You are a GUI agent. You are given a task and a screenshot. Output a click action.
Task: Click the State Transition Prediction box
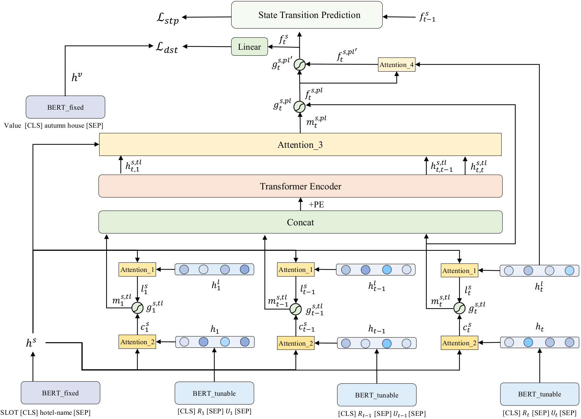click(306, 15)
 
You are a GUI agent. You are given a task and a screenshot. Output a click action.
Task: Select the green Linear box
click(249, 47)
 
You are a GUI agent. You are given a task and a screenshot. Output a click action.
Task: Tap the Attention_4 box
click(396, 65)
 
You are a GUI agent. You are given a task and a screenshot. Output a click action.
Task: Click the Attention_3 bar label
click(300, 145)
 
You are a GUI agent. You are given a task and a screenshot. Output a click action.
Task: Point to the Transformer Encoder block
click(300, 186)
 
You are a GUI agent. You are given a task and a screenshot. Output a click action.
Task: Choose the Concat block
click(300, 222)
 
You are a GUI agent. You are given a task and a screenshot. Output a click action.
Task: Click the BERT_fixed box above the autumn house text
click(65, 107)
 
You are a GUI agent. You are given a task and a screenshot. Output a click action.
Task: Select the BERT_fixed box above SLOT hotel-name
click(60, 393)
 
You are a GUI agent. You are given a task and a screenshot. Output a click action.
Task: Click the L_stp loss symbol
click(168, 18)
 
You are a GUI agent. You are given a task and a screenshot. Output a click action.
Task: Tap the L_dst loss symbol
click(167, 47)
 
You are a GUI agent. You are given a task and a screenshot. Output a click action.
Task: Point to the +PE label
click(316, 205)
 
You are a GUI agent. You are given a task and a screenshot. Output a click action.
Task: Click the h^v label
click(77, 77)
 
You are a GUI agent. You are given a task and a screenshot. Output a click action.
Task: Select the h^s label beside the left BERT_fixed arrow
click(31, 342)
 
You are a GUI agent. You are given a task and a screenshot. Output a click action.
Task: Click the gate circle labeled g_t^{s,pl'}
click(300, 65)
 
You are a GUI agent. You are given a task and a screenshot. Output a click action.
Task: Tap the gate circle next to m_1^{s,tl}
click(137, 308)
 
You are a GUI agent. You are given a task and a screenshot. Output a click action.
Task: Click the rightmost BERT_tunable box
click(539, 394)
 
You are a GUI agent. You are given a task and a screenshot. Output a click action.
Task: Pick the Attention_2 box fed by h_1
click(137, 342)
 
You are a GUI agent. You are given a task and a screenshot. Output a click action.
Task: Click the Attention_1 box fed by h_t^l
click(459, 271)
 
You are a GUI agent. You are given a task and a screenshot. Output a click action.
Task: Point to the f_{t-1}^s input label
click(427, 17)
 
